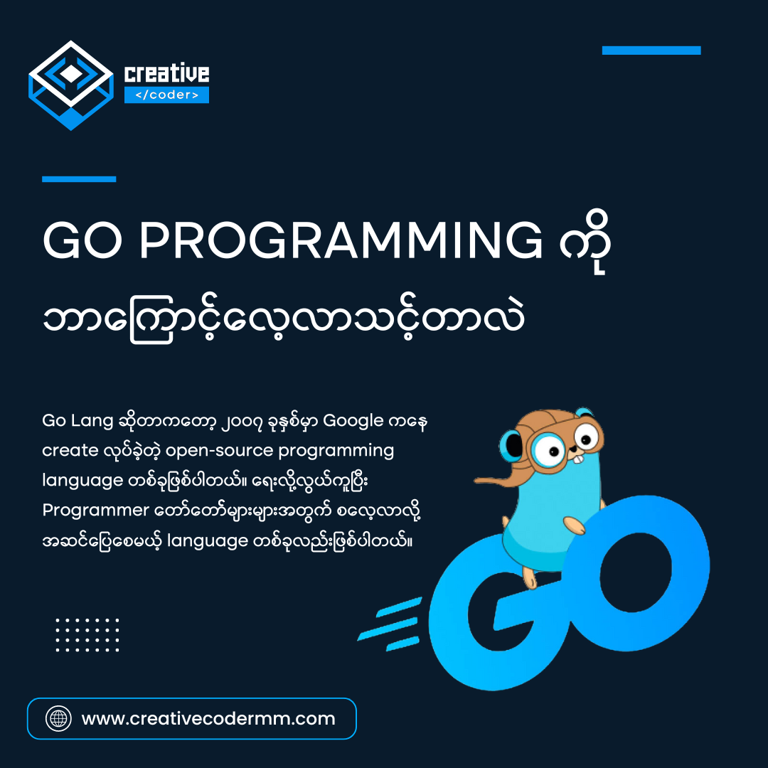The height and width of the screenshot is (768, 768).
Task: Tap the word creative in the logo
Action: point(166,73)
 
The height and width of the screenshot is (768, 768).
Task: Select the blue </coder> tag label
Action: point(166,95)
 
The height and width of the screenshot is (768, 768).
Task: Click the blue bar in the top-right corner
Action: point(651,50)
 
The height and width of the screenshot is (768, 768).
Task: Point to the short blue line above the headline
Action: point(79,179)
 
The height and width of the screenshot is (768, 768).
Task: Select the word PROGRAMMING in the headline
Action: point(340,242)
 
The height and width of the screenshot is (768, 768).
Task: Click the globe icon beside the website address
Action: point(58,718)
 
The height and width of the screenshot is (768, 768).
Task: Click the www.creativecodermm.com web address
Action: point(208,718)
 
